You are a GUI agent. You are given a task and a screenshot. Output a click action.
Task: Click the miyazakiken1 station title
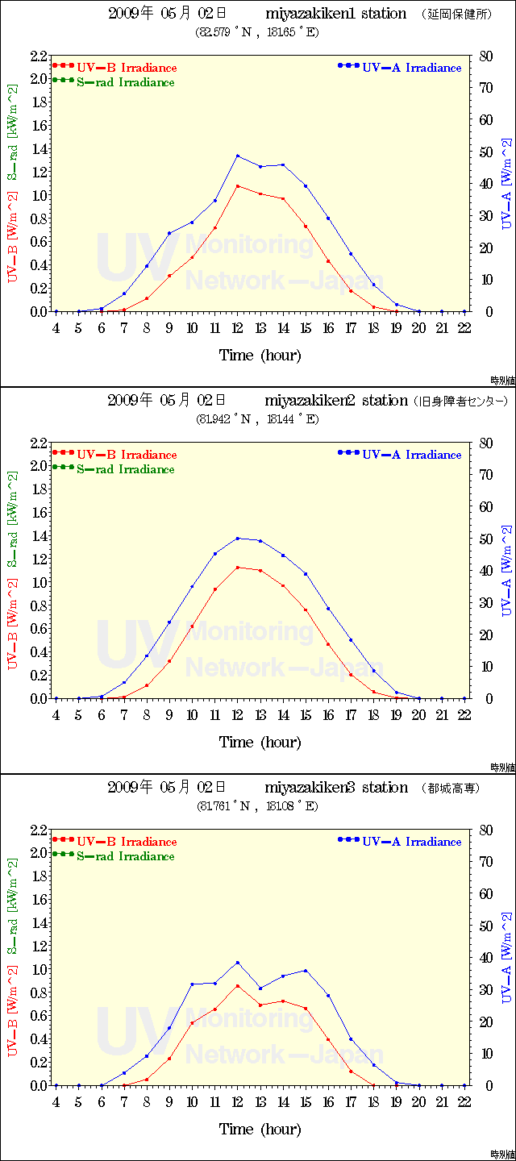[336, 14]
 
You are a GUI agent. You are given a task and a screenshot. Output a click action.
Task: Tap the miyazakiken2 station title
[336, 401]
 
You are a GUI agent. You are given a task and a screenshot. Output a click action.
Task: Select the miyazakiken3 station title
[336, 788]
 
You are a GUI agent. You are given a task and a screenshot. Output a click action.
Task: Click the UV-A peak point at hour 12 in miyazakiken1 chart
[238, 156]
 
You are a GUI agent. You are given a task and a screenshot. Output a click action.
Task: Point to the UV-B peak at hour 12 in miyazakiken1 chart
[238, 185]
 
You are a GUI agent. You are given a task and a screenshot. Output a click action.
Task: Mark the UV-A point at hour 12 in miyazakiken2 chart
[238, 539]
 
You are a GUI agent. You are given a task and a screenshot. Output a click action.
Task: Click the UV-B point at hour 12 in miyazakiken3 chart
[238, 985]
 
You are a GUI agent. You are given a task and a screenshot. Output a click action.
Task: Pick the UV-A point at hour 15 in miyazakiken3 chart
[306, 971]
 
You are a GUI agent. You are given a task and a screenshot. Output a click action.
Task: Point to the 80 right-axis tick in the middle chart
[485, 443]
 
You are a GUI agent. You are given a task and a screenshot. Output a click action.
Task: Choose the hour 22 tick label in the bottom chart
[464, 1102]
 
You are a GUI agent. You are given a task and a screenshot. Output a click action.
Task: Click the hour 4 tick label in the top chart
[56, 328]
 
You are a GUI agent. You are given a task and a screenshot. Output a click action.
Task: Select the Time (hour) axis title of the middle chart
[260, 742]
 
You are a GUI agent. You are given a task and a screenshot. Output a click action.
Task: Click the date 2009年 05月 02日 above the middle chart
[167, 401]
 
